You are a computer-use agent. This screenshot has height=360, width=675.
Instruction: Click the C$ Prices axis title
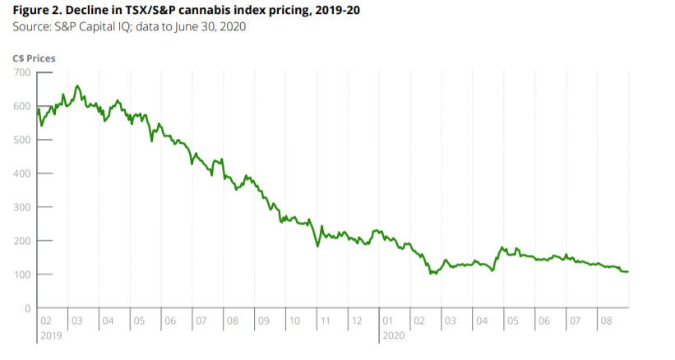coord(35,58)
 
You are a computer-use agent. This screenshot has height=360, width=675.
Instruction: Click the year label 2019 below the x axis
coord(51,336)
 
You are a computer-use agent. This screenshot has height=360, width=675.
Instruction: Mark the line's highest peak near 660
coord(77,85)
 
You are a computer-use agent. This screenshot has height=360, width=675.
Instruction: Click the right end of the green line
coord(629,272)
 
